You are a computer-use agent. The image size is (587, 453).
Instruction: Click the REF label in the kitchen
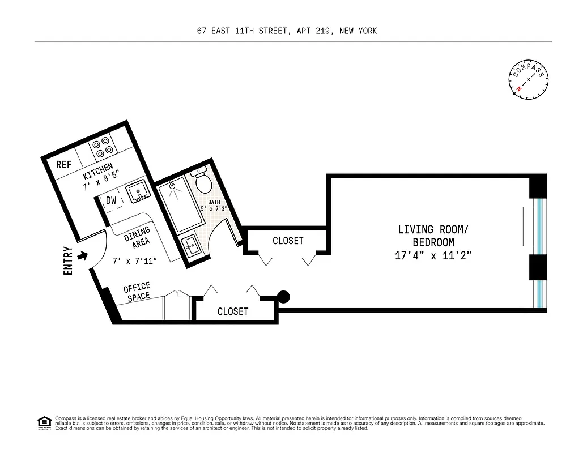(63, 165)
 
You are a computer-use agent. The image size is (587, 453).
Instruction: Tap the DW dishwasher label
(111, 200)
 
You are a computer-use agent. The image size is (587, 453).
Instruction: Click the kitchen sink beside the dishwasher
(137, 193)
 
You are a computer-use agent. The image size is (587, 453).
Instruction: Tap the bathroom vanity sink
(190, 246)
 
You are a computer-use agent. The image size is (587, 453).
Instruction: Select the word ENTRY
(69, 260)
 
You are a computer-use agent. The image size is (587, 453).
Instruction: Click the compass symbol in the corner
(529, 80)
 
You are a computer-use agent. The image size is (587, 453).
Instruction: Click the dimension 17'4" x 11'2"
(433, 255)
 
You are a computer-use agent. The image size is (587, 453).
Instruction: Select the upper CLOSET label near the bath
(288, 241)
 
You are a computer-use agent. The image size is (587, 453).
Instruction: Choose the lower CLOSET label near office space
(233, 311)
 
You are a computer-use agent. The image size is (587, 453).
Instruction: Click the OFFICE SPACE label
(138, 292)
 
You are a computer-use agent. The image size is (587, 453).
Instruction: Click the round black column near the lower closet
(283, 297)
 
